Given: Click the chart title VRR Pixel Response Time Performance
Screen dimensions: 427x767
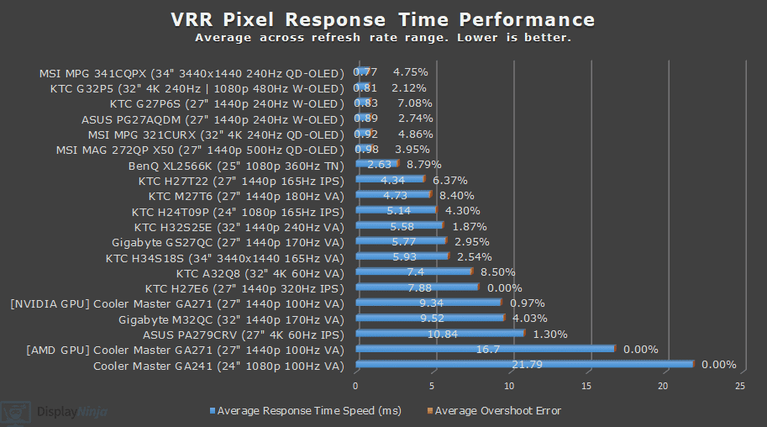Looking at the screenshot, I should click(383, 19).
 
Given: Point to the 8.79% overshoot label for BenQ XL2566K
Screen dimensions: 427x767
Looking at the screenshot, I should click(423, 165).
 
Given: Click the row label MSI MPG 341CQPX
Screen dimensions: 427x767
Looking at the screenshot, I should click(192, 72).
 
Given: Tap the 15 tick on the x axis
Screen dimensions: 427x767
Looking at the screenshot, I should click(586, 386).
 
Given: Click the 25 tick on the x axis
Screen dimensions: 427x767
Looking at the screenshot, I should click(739, 386).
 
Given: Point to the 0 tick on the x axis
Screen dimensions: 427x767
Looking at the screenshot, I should click(356, 386).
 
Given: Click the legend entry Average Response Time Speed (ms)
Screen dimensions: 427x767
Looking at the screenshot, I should click(309, 411).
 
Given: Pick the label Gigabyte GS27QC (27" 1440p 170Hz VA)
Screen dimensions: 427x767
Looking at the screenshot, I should click(228, 241).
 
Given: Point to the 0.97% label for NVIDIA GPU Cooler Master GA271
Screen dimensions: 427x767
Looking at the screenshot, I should click(528, 303).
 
